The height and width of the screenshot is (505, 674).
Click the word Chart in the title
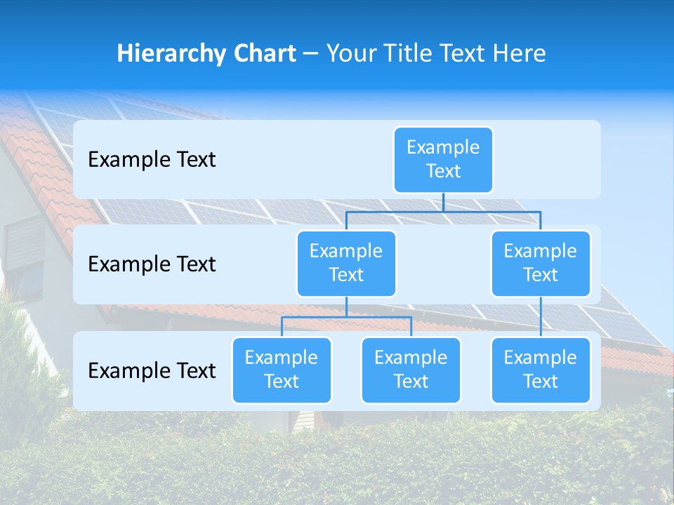[265, 53]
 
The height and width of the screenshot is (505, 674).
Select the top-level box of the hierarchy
[443, 160]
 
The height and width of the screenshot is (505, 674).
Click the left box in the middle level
[346, 264]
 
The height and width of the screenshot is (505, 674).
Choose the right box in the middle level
[541, 264]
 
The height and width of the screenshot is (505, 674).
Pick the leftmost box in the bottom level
[282, 370]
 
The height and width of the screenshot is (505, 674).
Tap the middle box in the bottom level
[411, 370]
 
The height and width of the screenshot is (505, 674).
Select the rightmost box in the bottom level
[541, 370]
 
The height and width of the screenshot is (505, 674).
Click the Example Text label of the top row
[152, 160]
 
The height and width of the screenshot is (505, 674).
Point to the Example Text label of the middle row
[152, 264]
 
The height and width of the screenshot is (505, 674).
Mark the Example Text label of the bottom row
[152, 371]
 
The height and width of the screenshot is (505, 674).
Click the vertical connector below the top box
[443, 202]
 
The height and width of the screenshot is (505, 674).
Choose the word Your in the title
[351, 53]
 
